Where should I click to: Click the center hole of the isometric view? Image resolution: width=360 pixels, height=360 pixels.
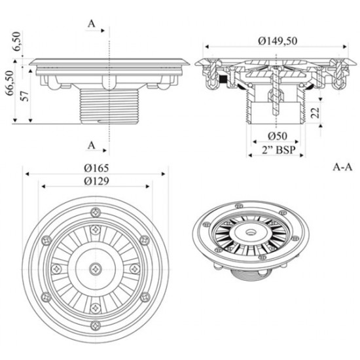pos(253,232)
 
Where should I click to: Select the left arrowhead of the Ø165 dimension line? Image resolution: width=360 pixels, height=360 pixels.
pos(26,175)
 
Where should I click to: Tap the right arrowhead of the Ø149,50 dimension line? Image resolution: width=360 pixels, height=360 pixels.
pos(347,47)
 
